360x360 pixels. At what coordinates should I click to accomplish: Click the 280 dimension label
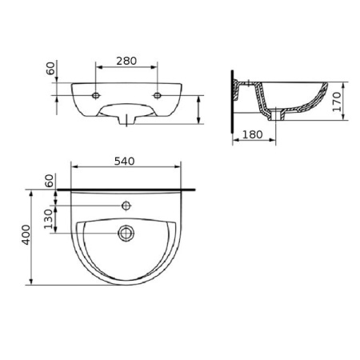coord(126,61)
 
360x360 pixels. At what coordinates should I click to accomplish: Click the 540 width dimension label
coord(125,161)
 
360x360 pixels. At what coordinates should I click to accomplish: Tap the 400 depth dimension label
coord(26,234)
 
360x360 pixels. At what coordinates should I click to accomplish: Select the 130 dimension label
coord(49,219)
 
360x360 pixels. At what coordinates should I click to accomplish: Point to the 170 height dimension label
coord(337,102)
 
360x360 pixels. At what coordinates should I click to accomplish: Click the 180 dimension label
coord(252,134)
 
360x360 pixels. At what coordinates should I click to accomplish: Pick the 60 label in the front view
coord(50,68)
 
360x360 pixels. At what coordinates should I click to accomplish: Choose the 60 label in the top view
coord(50,181)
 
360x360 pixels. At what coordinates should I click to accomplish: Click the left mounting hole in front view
coord(96,95)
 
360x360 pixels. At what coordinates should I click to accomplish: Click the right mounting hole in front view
coord(158,95)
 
